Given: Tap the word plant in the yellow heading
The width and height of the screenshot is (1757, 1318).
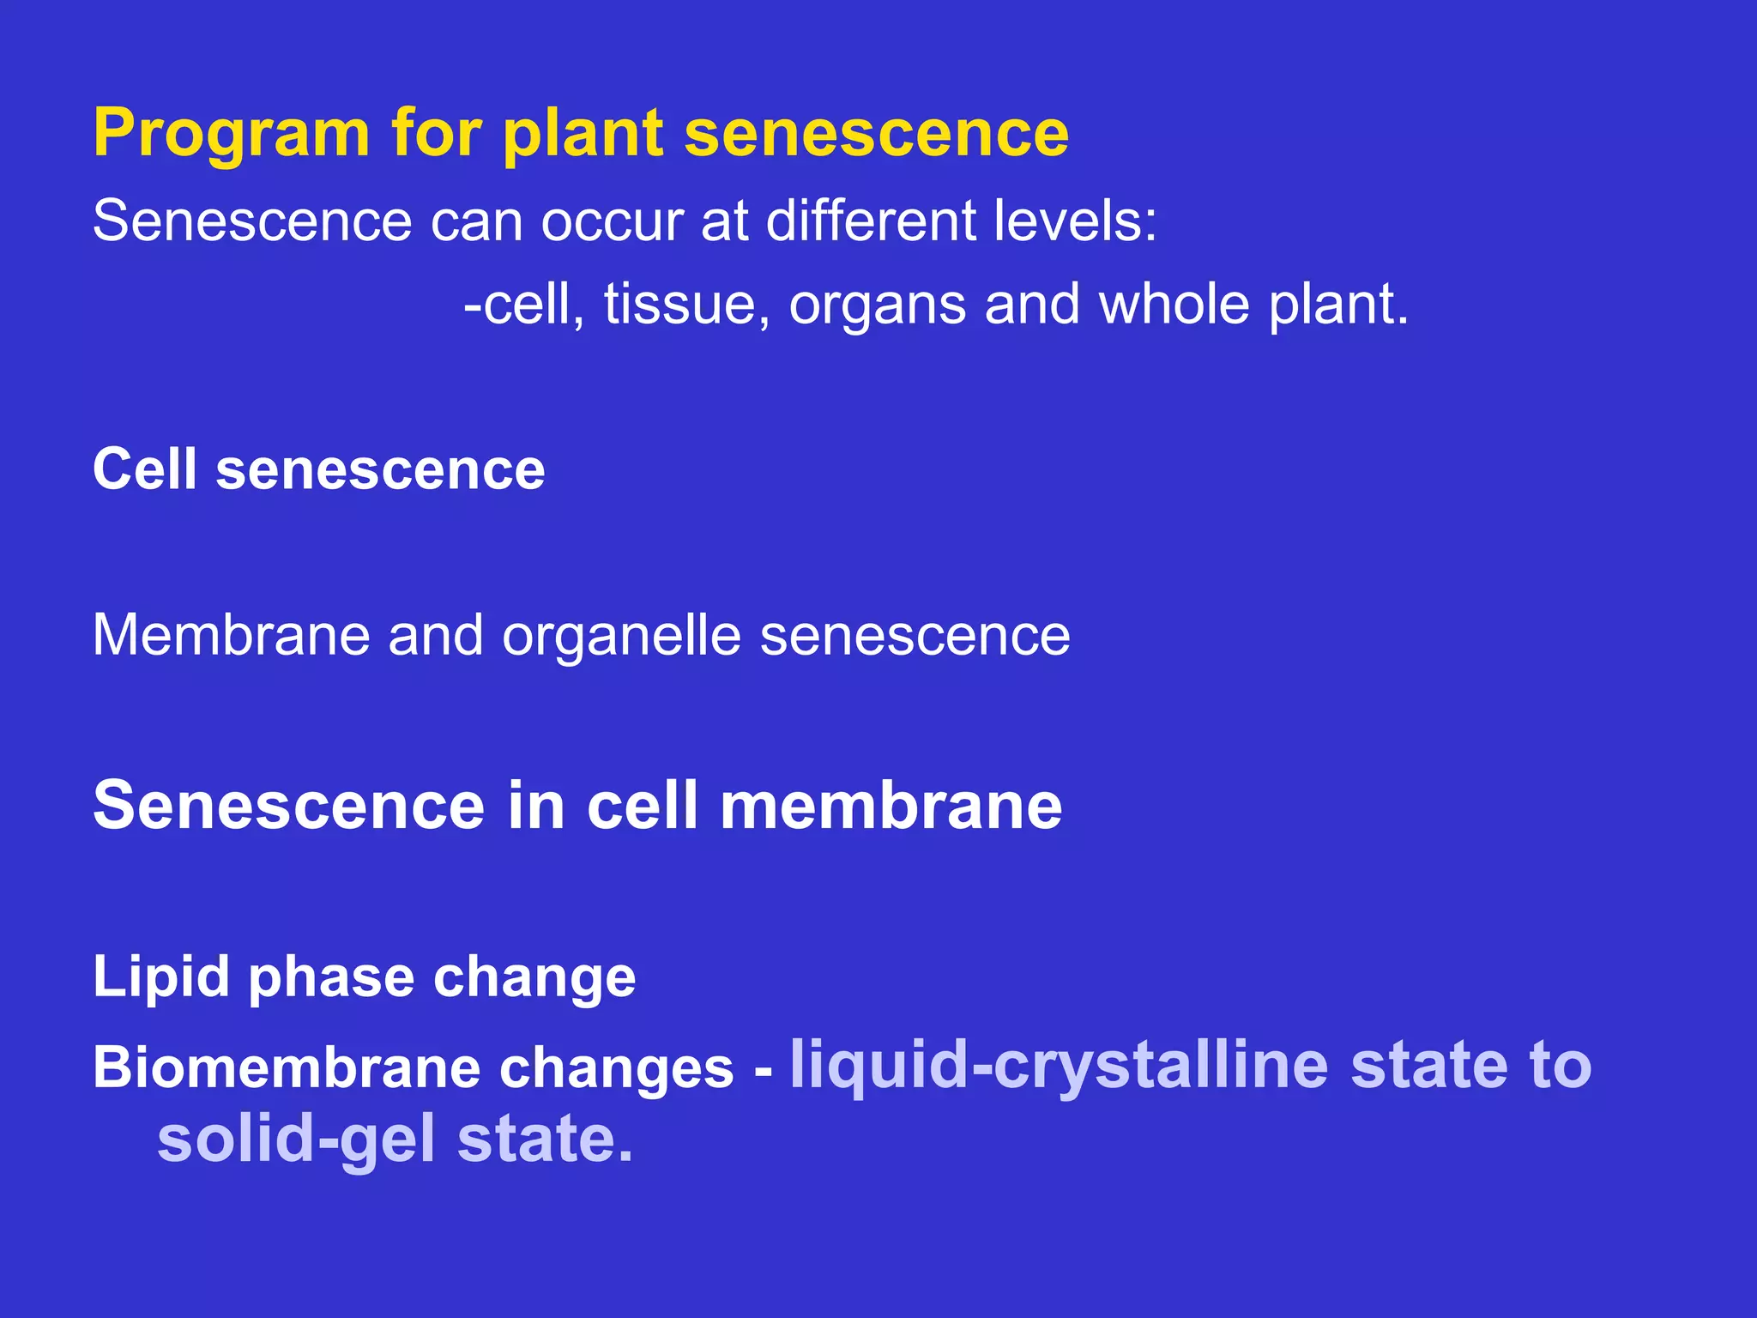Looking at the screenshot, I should pyautogui.click(x=583, y=136).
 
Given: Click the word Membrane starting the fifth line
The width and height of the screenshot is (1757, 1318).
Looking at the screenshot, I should pyautogui.click(x=230, y=636).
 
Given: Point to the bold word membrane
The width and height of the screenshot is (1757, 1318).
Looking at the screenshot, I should pyautogui.click(x=891, y=806).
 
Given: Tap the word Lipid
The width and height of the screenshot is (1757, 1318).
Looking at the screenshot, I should pyautogui.click(x=161, y=978).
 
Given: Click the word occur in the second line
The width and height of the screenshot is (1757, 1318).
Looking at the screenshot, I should pyautogui.click(x=612, y=221).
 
